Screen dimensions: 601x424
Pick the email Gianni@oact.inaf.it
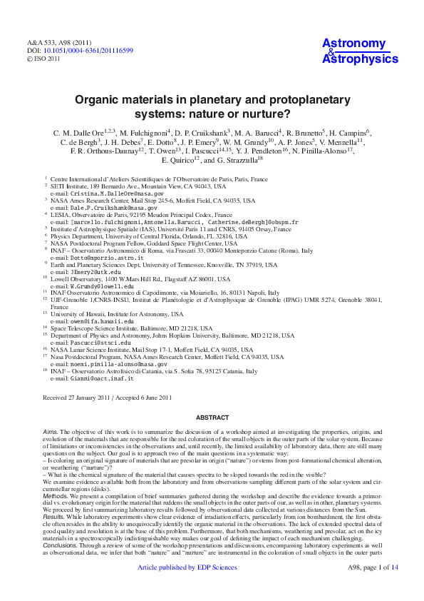click(92, 378)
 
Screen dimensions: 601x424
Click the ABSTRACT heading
click(212, 418)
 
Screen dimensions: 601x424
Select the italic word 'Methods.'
click(56, 495)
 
